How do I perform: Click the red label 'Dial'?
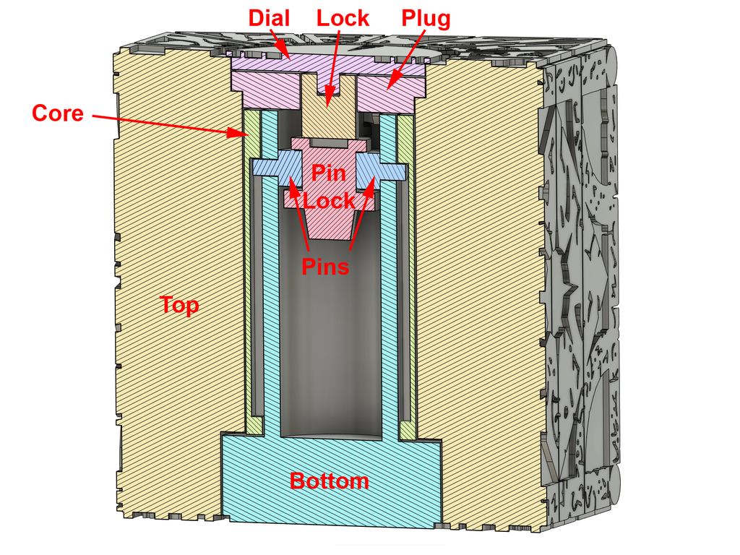[x=269, y=18]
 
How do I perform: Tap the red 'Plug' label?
[x=426, y=20]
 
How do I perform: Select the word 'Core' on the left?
[x=58, y=113]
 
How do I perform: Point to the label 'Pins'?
[x=325, y=266]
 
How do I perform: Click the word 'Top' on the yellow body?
[x=179, y=305]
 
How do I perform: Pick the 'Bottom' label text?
[x=329, y=481]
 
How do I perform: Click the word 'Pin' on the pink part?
[x=329, y=173]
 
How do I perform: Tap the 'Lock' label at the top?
[x=343, y=18]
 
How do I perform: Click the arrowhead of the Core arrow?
[x=241, y=133]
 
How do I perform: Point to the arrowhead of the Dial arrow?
[x=285, y=53]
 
